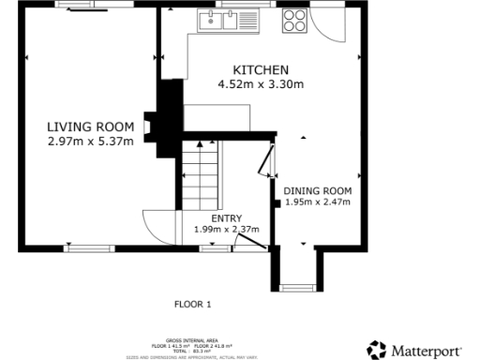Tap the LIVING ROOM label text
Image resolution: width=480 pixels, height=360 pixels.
pyautogui.click(x=90, y=127)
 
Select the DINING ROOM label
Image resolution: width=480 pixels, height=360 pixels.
pyautogui.click(x=317, y=189)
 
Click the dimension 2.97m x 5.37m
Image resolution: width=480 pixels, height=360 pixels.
pyautogui.click(x=90, y=142)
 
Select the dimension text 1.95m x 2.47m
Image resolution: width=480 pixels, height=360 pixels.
pyautogui.click(x=317, y=201)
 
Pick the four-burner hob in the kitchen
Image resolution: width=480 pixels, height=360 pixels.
pyautogui.click(x=293, y=20)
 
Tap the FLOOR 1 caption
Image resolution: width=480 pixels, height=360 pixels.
pyautogui.click(x=193, y=304)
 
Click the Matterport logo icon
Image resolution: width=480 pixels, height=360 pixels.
pyautogui.click(x=376, y=348)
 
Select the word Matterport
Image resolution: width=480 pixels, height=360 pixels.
pyautogui.click(x=427, y=349)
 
